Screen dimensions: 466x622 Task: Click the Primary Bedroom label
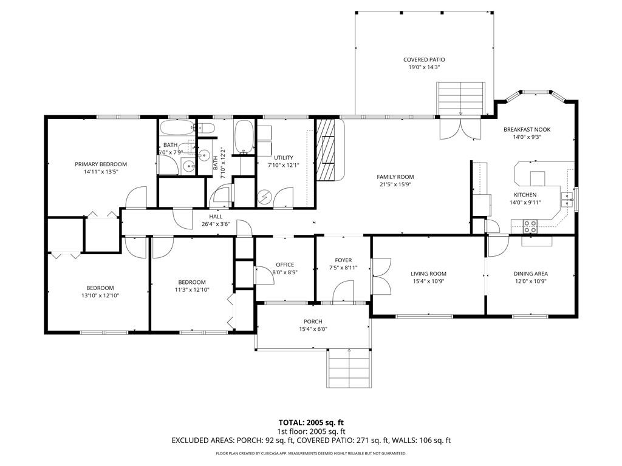click(x=101, y=164)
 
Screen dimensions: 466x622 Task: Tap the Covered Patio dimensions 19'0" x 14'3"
click(x=424, y=68)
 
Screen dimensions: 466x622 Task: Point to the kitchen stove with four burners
click(x=530, y=226)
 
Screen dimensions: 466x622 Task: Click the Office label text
click(x=285, y=265)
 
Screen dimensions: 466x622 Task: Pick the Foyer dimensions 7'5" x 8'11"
click(x=343, y=268)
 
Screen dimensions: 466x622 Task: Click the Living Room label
click(x=428, y=274)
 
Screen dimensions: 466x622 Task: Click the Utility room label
click(x=284, y=158)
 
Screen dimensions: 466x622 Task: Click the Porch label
click(x=313, y=322)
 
